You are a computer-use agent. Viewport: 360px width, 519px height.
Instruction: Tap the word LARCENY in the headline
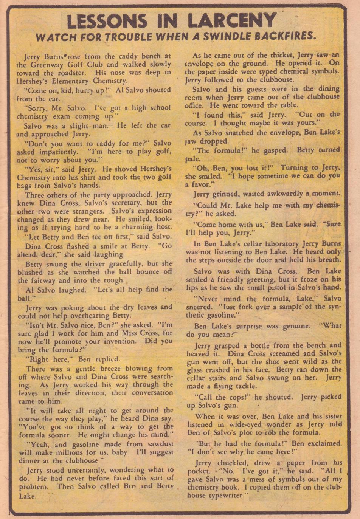point(232,21)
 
